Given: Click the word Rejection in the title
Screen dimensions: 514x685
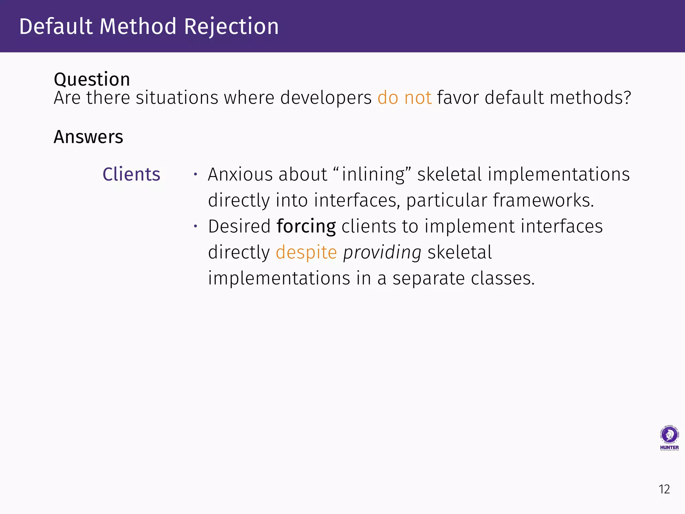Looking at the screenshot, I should (x=231, y=26).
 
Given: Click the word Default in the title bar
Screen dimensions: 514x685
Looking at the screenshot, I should (x=56, y=26).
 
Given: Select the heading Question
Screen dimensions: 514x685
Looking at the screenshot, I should (x=92, y=79).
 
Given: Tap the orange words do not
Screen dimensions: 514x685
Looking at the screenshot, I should (x=404, y=98).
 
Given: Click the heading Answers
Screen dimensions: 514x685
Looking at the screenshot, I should (x=88, y=137).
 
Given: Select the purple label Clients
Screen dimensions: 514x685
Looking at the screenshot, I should (x=131, y=174).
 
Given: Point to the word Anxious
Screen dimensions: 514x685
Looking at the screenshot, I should (x=240, y=174).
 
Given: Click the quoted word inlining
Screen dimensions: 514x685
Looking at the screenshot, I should (x=373, y=174).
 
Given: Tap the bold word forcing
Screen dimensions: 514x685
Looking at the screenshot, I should (x=306, y=226).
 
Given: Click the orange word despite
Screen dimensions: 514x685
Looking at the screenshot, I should (x=306, y=252).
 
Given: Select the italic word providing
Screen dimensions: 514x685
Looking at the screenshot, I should (x=382, y=252).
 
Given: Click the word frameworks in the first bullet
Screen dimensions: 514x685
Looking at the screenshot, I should (x=543, y=200).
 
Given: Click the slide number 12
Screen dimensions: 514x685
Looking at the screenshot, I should (x=664, y=489).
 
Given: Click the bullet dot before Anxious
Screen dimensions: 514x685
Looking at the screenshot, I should (x=196, y=174).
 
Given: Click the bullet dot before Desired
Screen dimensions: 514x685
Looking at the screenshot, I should (x=196, y=227).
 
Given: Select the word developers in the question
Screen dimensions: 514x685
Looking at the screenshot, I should (x=326, y=98).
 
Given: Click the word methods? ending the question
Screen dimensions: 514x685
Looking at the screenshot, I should (x=590, y=98).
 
